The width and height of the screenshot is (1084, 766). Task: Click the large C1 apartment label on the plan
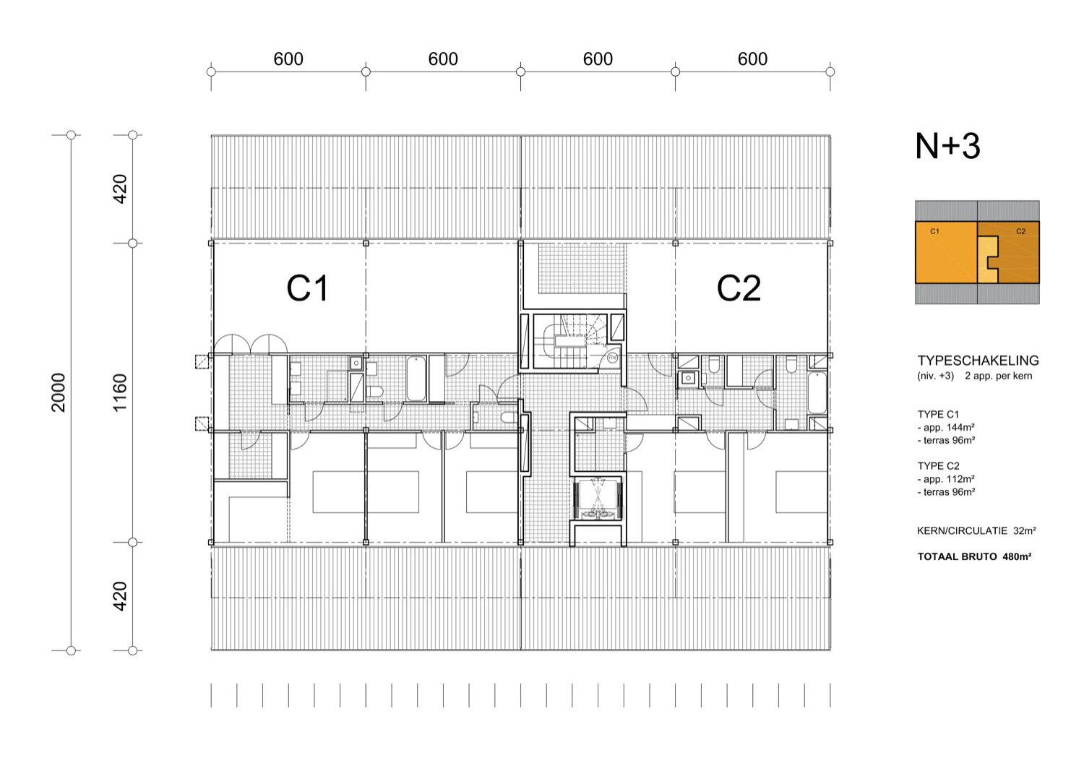(307, 288)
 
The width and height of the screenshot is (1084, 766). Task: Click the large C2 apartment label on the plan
(739, 288)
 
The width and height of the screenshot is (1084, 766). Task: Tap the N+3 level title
(947, 146)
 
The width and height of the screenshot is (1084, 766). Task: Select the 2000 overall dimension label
(58, 392)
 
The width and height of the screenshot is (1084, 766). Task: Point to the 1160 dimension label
(119, 392)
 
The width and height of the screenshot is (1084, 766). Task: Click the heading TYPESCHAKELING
(978, 361)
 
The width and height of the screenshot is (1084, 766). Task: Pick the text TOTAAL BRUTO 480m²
(975, 556)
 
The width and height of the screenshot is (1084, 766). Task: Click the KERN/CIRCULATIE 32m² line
(976, 531)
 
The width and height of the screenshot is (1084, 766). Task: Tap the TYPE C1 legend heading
(938, 414)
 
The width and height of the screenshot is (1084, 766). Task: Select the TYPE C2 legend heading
(938, 466)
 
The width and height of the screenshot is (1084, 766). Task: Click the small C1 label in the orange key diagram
(934, 231)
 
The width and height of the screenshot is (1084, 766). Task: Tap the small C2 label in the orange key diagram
(1020, 231)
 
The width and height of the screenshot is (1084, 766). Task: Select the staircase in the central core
(571, 340)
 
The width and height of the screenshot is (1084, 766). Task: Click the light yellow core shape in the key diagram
(986, 259)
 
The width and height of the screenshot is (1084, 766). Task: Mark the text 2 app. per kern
(998, 376)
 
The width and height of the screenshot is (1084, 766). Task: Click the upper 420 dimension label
(119, 189)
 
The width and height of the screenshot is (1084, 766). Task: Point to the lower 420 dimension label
(119, 596)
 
